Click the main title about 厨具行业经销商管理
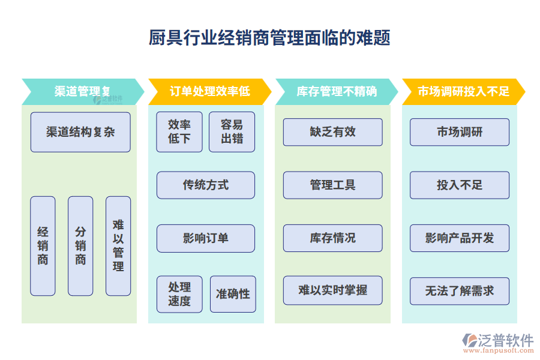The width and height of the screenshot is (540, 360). click(x=269, y=38)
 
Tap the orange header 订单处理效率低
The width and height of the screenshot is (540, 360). click(x=209, y=92)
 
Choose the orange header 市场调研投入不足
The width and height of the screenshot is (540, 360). click(x=463, y=92)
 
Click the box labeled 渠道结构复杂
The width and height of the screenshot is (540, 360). click(x=80, y=132)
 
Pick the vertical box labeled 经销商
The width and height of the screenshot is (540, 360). click(x=43, y=246)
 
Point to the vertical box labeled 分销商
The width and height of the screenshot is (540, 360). click(x=80, y=246)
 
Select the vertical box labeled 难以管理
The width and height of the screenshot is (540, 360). click(x=118, y=246)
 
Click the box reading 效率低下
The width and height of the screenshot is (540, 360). click(x=179, y=132)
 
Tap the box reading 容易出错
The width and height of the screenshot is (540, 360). click(x=232, y=132)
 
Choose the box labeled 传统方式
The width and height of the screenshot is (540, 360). click(x=206, y=185)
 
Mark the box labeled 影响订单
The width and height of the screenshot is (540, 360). click(x=206, y=238)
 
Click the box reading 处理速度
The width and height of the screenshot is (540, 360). click(x=179, y=294)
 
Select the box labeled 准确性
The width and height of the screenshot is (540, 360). click(x=233, y=294)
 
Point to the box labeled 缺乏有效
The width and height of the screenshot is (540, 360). click(x=332, y=132)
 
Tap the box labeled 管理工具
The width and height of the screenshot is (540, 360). click(x=332, y=185)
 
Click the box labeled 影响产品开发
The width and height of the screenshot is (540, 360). click(x=460, y=238)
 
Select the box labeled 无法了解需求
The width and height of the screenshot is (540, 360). click(x=460, y=291)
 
